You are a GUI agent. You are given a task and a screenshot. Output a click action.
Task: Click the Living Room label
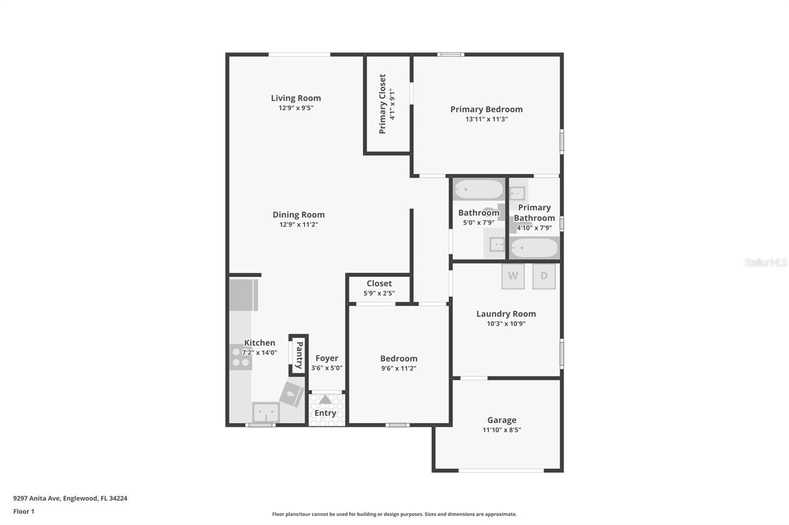pos(296,98)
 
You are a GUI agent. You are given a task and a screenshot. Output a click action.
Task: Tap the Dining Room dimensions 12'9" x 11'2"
pos(298,225)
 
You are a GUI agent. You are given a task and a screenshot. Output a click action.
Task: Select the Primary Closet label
pos(382,104)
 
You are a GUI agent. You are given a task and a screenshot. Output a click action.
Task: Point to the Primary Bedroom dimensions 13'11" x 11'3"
pos(486,119)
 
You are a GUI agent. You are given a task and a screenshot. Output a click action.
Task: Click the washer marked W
pos(513,276)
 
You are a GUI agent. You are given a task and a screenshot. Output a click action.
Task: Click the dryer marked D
pos(544,276)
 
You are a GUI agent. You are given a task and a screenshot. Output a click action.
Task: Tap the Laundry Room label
pos(506,314)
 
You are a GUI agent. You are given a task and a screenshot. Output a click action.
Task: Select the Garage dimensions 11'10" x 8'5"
pos(502,430)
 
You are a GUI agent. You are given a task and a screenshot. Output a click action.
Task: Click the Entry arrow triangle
pos(325,399)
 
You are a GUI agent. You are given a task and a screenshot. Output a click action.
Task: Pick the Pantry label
pos(299,355)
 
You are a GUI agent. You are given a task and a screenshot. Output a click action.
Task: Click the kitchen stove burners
pos(241,357)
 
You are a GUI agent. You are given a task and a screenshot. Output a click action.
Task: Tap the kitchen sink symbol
pos(266,412)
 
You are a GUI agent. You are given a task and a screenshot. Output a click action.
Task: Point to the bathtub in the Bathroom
pos(478,190)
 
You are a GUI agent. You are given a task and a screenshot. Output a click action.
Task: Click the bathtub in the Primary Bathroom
pos(534,248)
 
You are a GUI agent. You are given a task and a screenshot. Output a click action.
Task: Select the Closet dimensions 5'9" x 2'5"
pos(379,294)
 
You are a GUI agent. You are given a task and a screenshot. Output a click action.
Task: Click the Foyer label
pos(327,358)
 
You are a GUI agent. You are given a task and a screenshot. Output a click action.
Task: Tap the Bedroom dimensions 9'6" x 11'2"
pos(398,368)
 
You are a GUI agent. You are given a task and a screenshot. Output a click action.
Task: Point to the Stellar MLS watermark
pos(765,262)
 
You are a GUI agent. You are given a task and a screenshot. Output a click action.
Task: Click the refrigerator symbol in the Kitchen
pos(243,295)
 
